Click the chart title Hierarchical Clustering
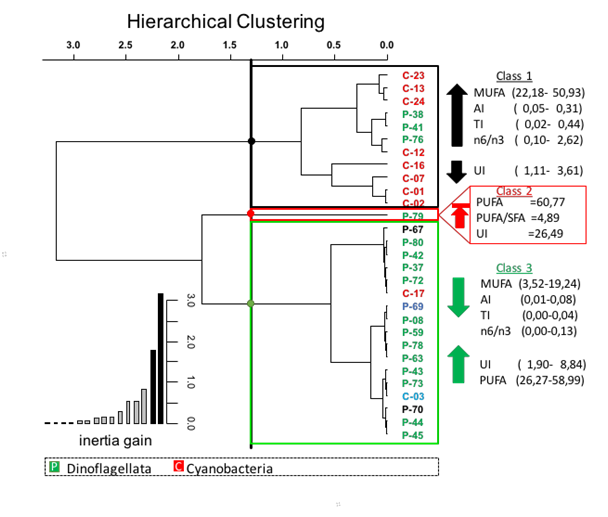(226, 22)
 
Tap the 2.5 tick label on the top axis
(125, 45)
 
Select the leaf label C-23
(413, 76)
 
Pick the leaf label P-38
(413, 114)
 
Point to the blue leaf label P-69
(413, 307)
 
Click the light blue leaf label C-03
(413, 396)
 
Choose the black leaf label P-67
(413, 230)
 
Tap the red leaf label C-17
(413, 294)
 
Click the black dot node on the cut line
(251, 141)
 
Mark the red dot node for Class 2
(250, 213)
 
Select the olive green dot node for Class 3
(250, 303)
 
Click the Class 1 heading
(514, 76)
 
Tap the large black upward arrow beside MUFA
(457, 115)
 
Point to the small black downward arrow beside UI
(457, 172)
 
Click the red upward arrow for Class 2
(460, 215)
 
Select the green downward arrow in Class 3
(458, 297)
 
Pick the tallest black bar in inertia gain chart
(161, 358)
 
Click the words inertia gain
(115, 441)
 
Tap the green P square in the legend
(55, 467)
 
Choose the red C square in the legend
(178, 466)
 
